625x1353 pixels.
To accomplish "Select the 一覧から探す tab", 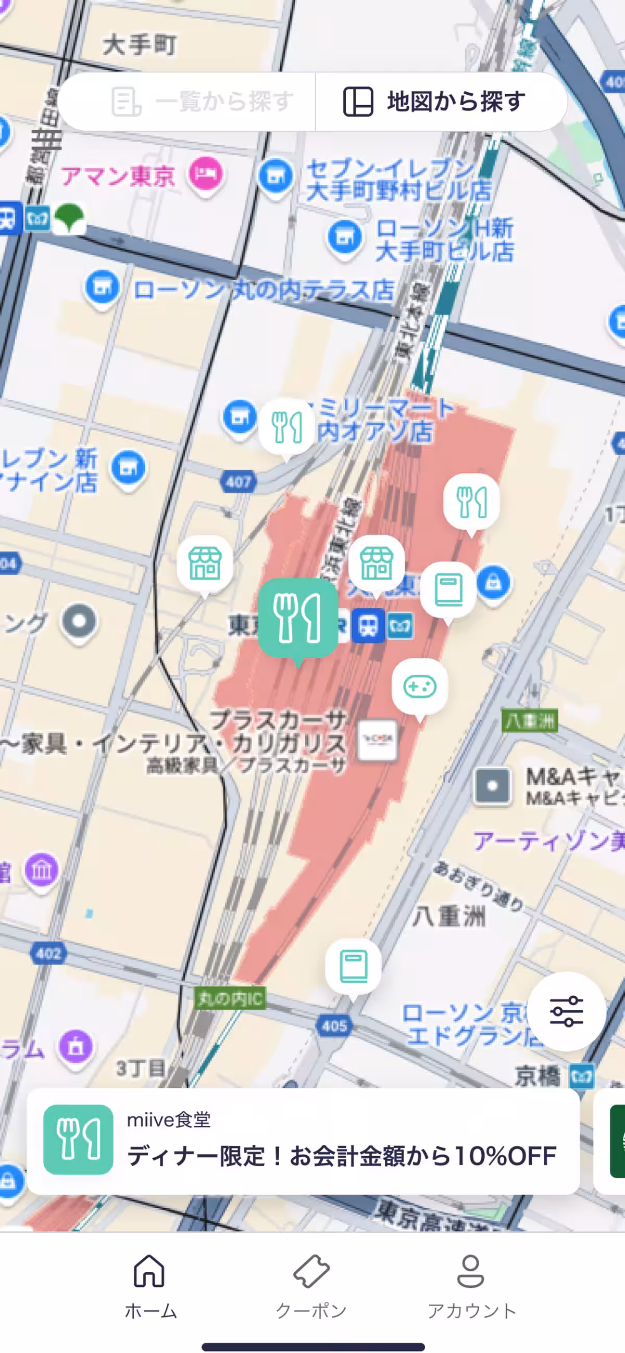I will (203, 102).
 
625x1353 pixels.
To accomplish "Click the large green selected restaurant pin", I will (298, 618).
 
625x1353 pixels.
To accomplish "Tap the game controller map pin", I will (420, 686).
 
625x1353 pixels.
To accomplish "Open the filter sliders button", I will (566, 1010).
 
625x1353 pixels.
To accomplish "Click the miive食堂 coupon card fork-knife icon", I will (78, 1139).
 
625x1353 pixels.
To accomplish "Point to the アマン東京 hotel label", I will (118, 176).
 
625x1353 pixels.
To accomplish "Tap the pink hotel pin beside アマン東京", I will (206, 174).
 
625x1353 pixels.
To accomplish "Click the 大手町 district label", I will (140, 45).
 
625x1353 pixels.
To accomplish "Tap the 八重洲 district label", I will (449, 917).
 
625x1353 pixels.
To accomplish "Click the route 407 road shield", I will (239, 482).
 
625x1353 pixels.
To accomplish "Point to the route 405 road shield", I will (334, 1026).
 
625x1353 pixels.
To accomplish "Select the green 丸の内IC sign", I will (230, 998).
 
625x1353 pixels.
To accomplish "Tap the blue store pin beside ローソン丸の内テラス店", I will (102, 287).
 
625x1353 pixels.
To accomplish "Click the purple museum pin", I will (42, 870).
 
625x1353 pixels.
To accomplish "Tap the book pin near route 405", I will (354, 967).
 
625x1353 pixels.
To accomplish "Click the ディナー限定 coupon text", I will (341, 1156).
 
